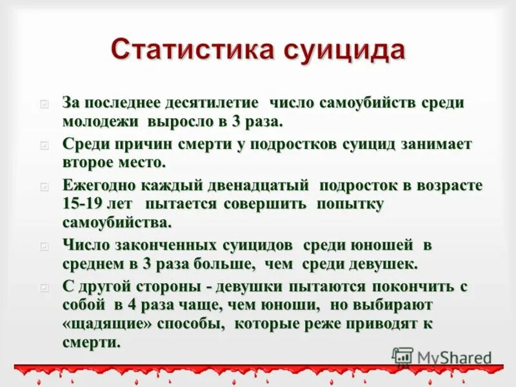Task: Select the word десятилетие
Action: pos(213,103)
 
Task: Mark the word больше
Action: pos(219,264)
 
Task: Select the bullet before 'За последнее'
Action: pos(44,103)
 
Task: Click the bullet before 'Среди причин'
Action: pos(44,144)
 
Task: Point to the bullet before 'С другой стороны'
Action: pos(44,286)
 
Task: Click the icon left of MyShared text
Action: pos(402,357)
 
